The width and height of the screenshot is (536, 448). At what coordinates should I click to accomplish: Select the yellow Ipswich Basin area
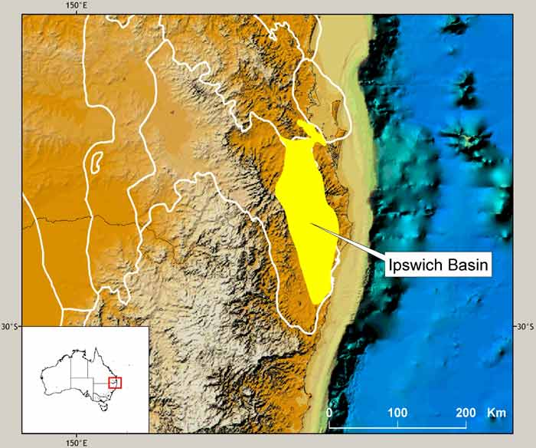(306, 215)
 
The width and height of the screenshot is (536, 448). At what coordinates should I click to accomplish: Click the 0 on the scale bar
(329, 413)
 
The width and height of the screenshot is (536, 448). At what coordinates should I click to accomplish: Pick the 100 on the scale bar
(397, 413)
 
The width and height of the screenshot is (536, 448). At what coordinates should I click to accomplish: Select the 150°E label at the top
(76, 6)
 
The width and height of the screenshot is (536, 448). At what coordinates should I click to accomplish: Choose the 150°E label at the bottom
(76, 442)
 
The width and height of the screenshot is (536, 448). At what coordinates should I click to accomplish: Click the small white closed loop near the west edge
(96, 160)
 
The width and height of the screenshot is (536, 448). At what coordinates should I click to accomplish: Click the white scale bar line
(397, 425)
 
